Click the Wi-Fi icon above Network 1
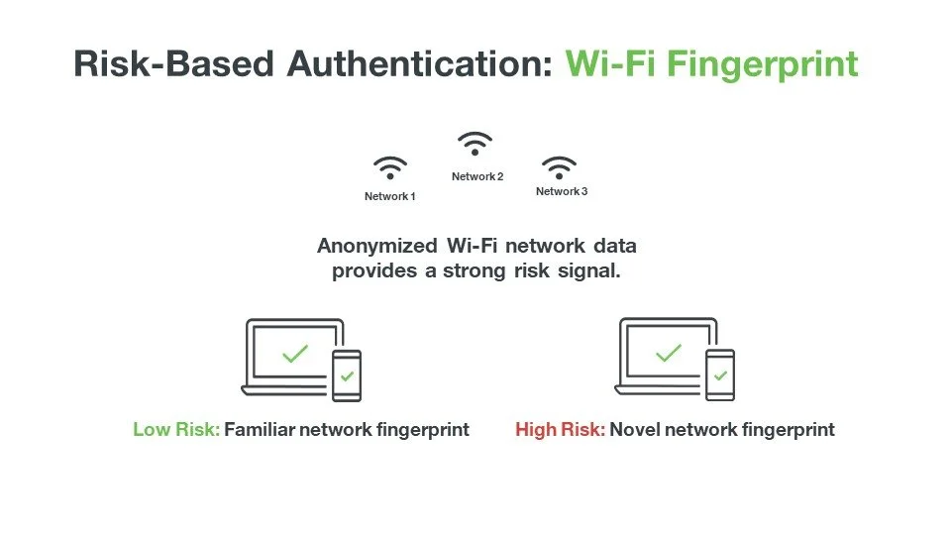[389, 167]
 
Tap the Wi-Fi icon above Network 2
[476, 145]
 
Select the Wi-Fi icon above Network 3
[561, 166]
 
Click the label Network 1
[389, 196]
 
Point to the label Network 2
[477, 176]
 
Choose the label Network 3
[562, 191]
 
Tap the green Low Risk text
[176, 430]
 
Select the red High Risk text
[560, 430]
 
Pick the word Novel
[635, 430]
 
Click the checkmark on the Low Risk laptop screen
[294, 354]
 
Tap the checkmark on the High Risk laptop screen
[669, 353]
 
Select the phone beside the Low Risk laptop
[347, 375]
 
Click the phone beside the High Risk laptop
[720, 375]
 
